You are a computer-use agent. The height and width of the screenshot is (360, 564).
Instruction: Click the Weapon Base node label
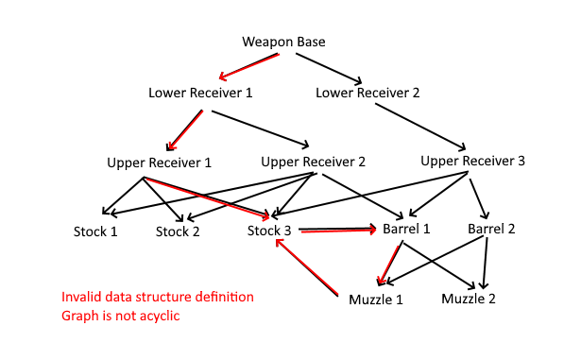click(x=284, y=42)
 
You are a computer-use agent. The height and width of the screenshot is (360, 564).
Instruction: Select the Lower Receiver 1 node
click(x=200, y=93)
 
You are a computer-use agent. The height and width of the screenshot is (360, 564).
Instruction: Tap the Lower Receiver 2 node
click(x=367, y=93)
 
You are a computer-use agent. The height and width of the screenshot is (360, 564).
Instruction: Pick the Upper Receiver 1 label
click(x=160, y=163)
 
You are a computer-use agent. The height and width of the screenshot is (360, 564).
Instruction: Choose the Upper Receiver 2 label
click(x=313, y=161)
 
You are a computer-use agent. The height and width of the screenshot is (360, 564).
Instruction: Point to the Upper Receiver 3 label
click(x=472, y=161)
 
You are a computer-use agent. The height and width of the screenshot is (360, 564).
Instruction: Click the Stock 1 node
click(x=95, y=231)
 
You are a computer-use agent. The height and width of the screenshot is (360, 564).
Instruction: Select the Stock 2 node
click(x=178, y=231)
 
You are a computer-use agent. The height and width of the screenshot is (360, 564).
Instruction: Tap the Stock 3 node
click(x=270, y=231)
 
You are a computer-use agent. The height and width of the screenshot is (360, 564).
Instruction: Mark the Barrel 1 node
click(x=407, y=230)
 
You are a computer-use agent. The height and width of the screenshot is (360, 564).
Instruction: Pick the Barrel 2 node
click(x=491, y=230)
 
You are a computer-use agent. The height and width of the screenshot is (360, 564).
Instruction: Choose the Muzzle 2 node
click(x=470, y=300)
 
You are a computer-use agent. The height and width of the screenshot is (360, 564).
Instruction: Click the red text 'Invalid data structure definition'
click(x=158, y=297)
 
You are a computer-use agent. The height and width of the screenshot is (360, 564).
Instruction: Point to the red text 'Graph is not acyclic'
click(x=121, y=316)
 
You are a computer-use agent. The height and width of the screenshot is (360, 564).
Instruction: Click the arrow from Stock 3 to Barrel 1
click(x=338, y=230)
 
